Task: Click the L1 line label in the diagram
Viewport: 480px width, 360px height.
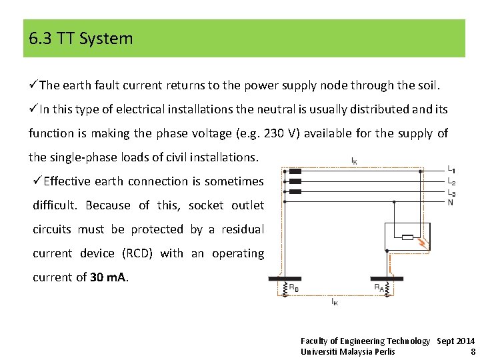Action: click(x=451, y=170)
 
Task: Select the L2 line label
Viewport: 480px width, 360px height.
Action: click(x=451, y=181)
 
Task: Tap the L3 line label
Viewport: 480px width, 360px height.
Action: click(x=451, y=192)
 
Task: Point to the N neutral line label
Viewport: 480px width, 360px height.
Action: click(x=451, y=202)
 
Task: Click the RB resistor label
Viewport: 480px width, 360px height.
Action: click(x=293, y=288)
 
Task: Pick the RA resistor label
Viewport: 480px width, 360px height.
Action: click(x=379, y=288)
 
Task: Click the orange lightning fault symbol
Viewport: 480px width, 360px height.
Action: click(x=421, y=243)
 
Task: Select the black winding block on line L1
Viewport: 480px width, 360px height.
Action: click(x=295, y=171)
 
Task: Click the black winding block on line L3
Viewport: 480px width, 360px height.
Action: click(x=295, y=191)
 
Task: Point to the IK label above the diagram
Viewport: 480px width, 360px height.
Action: click(x=354, y=160)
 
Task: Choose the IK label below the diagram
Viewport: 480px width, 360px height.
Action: click(x=334, y=302)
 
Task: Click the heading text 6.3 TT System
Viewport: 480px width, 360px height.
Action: click(x=81, y=39)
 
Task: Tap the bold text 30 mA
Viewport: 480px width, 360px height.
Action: click(x=108, y=277)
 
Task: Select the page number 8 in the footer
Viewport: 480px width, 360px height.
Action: click(x=473, y=351)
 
